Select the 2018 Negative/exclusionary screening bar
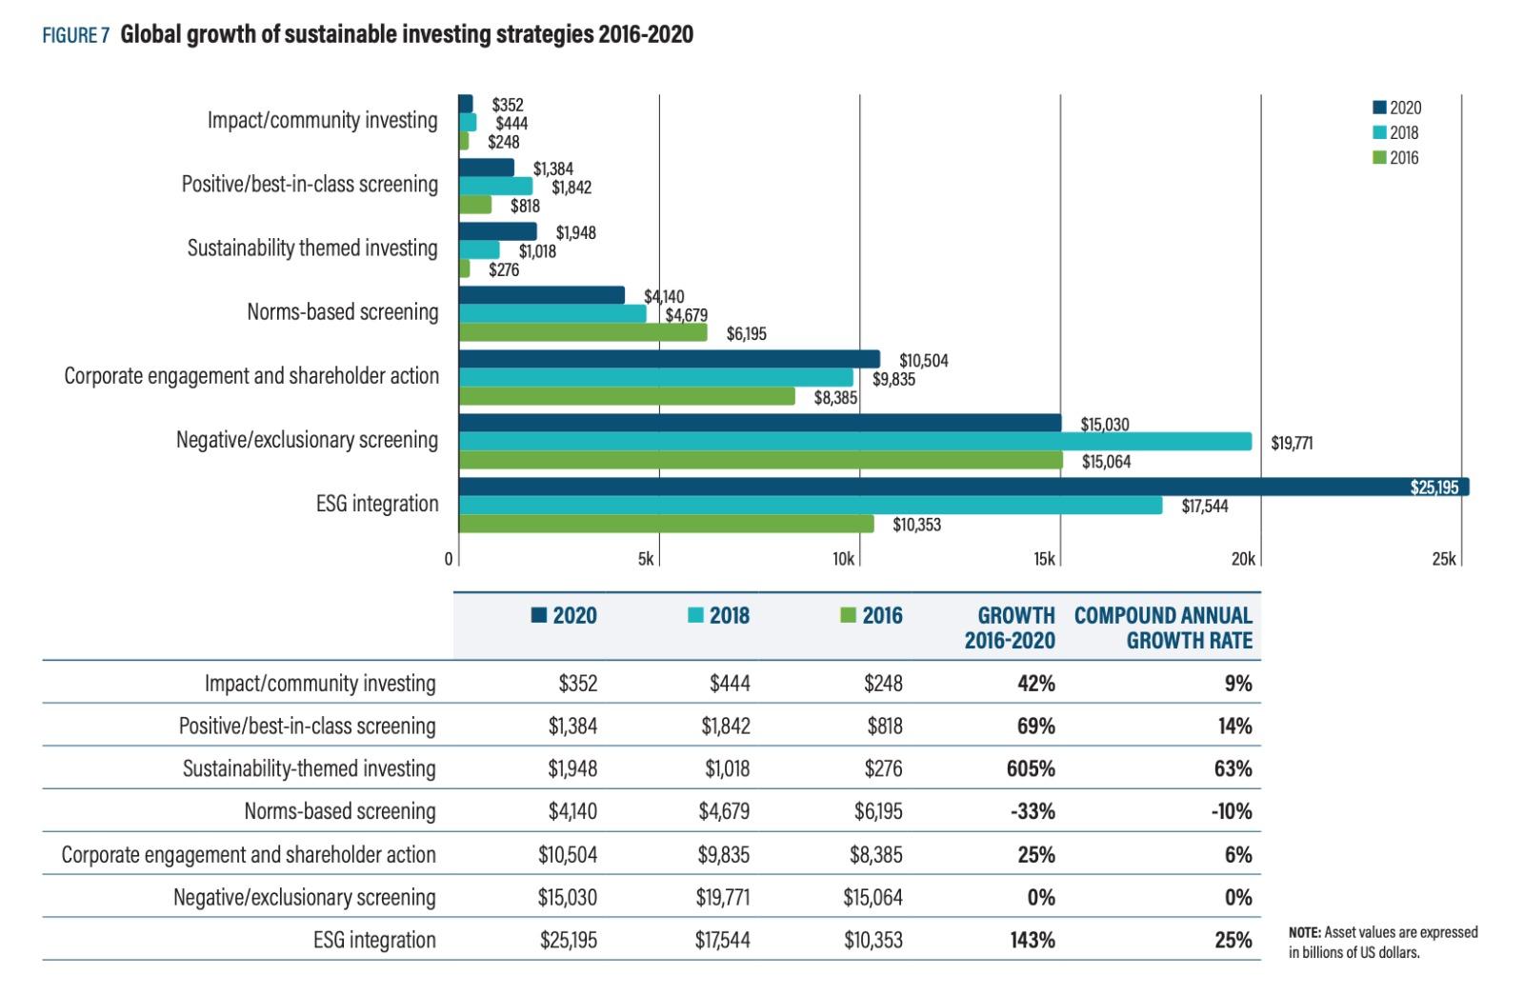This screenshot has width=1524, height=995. point(854,442)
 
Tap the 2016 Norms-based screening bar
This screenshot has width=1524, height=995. point(583,332)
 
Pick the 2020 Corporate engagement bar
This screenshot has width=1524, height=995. point(669,359)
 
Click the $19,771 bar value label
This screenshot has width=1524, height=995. point(1291,443)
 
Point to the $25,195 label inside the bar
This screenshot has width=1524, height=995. point(1434,488)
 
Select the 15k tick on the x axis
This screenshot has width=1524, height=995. point(1044,559)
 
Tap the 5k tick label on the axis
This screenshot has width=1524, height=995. point(646,559)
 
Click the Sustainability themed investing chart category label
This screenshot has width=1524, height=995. point(312,249)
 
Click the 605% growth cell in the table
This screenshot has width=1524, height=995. point(1030,768)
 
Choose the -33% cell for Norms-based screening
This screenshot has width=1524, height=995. point(1032,811)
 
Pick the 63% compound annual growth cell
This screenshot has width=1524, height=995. point(1233,768)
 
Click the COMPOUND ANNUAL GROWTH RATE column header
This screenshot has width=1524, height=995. point(1163,627)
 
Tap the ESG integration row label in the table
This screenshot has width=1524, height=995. point(374,940)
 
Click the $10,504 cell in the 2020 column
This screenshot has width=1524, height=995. point(568,854)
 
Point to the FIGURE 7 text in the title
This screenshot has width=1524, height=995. point(75,36)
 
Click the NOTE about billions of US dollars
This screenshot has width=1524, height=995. point(1382,942)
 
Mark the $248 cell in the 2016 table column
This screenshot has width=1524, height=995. point(883,683)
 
